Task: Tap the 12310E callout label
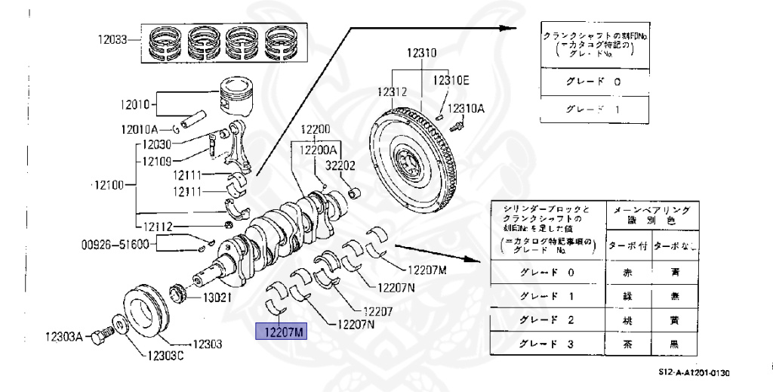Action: [x=450, y=80]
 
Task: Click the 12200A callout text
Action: [x=320, y=150]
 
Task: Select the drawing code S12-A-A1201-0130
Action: [x=695, y=372]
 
